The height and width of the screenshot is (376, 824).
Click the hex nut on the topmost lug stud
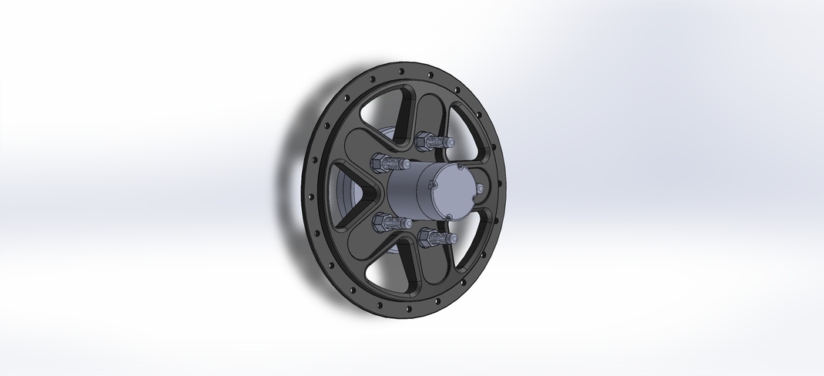coord(424,142)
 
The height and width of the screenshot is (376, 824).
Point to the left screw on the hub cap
coord(433,186)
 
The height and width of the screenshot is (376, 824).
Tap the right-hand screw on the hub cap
coord(480,188)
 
